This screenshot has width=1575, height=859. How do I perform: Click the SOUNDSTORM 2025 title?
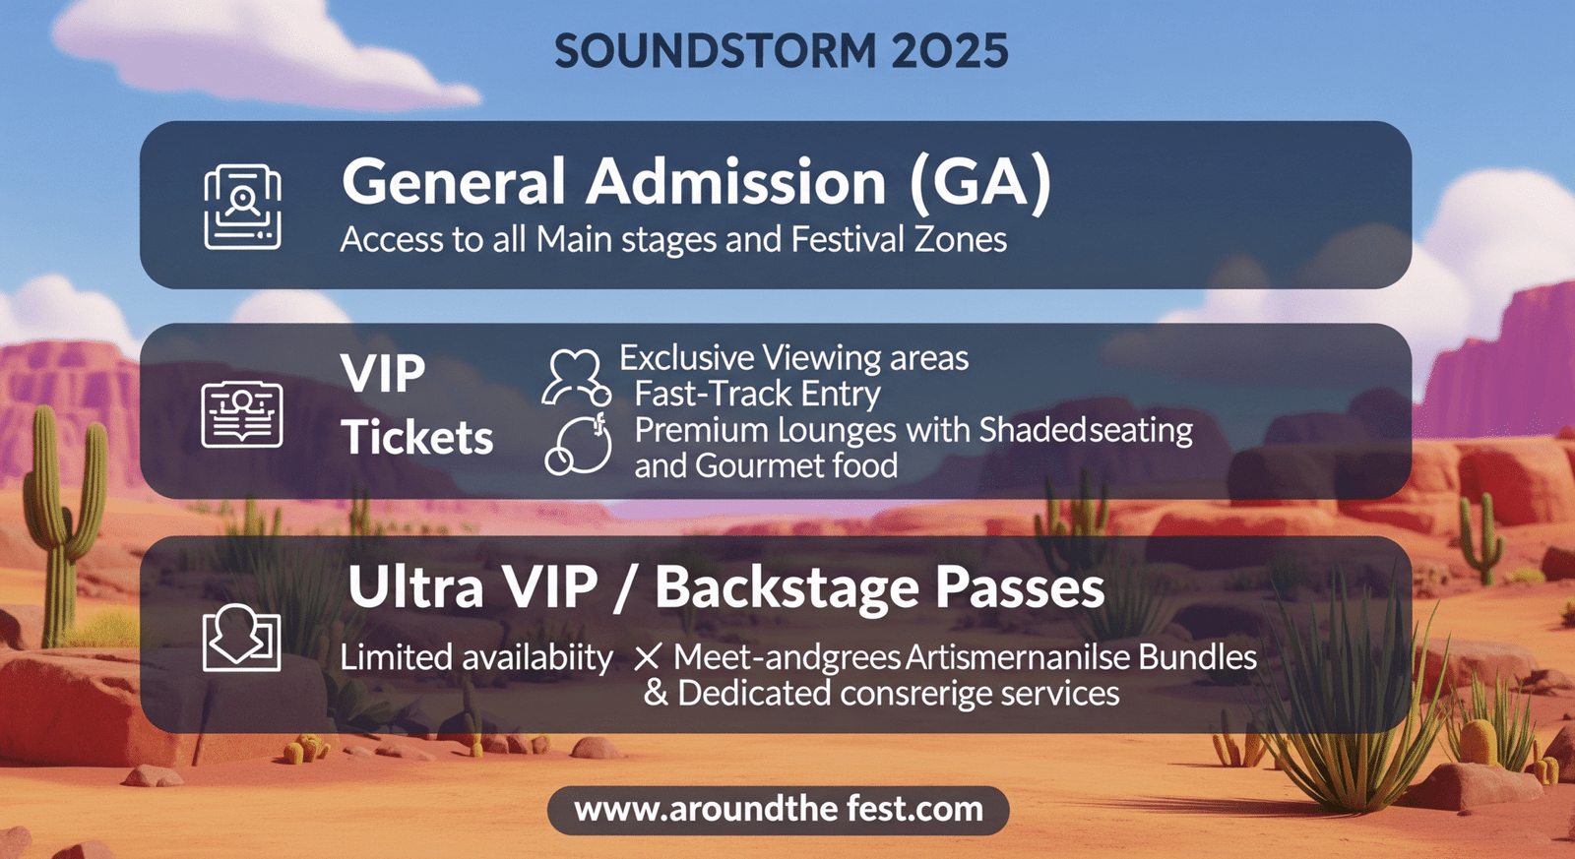[x=781, y=52]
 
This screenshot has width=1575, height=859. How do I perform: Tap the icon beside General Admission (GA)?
[x=242, y=207]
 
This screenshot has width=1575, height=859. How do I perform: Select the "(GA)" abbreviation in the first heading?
[x=979, y=183]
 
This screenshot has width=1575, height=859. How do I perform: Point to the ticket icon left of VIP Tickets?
[x=242, y=414]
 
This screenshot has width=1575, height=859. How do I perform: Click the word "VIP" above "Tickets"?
[x=383, y=374]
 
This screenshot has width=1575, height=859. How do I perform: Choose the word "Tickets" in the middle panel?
[x=417, y=438]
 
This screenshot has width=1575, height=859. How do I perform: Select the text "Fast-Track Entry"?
[x=757, y=394]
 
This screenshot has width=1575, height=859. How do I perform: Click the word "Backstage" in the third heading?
[x=786, y=588]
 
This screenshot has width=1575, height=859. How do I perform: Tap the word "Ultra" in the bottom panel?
[x=415, y=588]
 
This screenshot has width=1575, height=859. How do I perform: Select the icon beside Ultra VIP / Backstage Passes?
[x=241, y=639]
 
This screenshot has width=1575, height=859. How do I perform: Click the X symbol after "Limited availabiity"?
[x=647, y=657]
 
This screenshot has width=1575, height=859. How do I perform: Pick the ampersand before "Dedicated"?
[x=655, y=693]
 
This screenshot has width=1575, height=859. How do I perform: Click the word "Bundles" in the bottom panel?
[x=1197, y=657]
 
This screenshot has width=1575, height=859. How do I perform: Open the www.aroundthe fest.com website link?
[x=779, y=810]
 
